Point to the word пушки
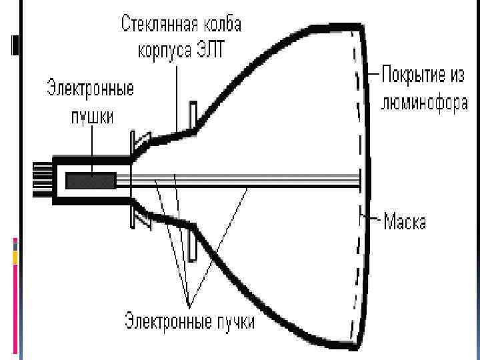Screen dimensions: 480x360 coord(91,115)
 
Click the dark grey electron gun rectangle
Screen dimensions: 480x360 coord(91,181)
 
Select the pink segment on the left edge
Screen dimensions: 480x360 coord(15,280)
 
